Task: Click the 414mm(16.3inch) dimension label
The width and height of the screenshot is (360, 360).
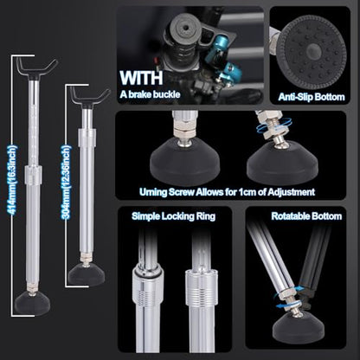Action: (13, 180)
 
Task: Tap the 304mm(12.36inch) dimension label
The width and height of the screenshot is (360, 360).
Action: (66, 182)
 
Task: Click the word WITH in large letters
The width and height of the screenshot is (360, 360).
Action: (142, 78)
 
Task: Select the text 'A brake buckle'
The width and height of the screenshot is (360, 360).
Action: (150, 94)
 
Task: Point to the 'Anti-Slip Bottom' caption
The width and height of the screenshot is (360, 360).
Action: (312, 97)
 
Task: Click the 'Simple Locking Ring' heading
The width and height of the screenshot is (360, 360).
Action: (173, 216)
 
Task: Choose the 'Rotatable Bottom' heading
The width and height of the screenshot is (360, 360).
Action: (306, 216)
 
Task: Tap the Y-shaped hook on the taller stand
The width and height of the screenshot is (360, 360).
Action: (36, 68)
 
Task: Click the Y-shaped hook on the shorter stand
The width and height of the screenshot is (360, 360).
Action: (89, 97)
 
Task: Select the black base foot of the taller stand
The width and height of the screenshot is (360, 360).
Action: (32, 304)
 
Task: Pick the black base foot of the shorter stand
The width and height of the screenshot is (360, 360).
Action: (87, 274)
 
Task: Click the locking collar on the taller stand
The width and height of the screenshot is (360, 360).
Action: (33, 175)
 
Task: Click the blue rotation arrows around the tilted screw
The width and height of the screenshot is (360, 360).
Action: (274, 127)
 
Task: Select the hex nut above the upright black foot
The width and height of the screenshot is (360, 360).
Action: (183, 130)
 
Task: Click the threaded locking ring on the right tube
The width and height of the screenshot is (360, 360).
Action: (202, 287)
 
